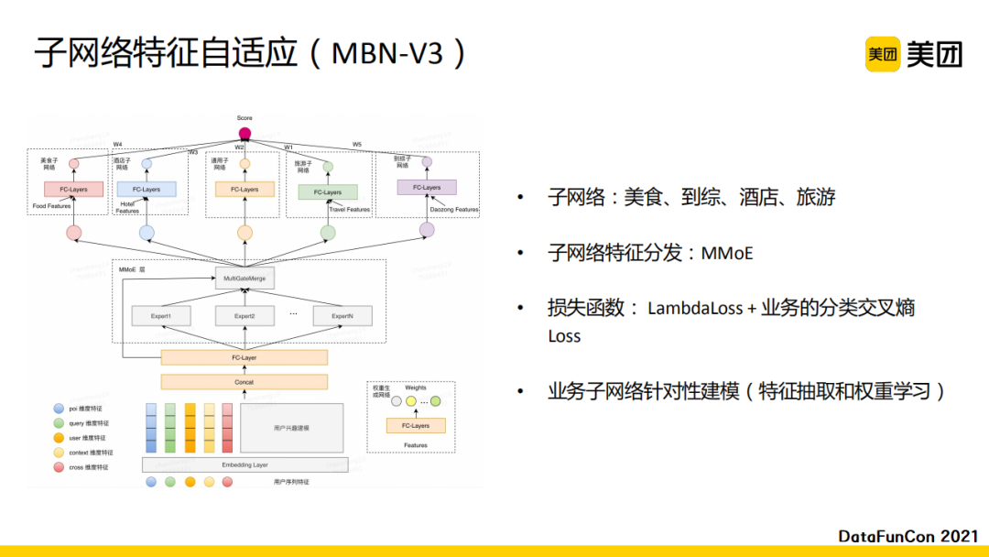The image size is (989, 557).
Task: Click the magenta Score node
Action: (245, 133)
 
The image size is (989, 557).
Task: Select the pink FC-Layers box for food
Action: (73, 190)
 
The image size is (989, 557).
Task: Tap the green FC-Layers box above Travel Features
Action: (328, 192)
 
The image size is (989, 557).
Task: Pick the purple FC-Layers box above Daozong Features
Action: (426, 188)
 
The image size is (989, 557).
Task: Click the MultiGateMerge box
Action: (245, 278)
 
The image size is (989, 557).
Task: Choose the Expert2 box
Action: (245, 316)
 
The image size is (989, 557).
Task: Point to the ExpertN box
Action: (342, 316)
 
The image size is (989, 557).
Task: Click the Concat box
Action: (244, 382)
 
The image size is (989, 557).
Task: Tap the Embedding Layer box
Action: (245, 465)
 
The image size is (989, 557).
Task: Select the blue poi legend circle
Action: (60, 409)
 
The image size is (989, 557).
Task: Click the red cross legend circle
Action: (60, 467)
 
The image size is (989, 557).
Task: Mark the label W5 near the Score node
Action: (357, 145)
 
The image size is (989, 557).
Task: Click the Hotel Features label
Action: (127, 207)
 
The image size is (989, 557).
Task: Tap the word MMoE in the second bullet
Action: (727, 252)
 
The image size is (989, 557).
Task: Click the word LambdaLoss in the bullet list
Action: (695, 308)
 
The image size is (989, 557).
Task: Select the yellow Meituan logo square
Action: (883, 54)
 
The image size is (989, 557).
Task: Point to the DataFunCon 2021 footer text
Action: (908, 535)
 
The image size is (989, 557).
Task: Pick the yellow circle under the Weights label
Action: (411, 400)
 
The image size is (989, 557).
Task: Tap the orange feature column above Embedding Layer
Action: (190, 428)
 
